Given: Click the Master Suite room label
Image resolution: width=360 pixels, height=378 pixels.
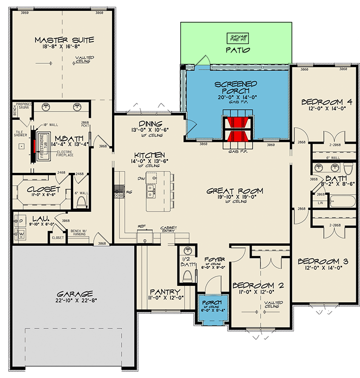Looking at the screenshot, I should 64,40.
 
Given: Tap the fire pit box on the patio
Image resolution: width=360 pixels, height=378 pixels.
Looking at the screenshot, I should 236,38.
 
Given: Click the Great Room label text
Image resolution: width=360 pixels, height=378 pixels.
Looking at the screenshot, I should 235,191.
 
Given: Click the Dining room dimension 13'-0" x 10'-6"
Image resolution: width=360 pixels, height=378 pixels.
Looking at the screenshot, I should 146,130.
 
